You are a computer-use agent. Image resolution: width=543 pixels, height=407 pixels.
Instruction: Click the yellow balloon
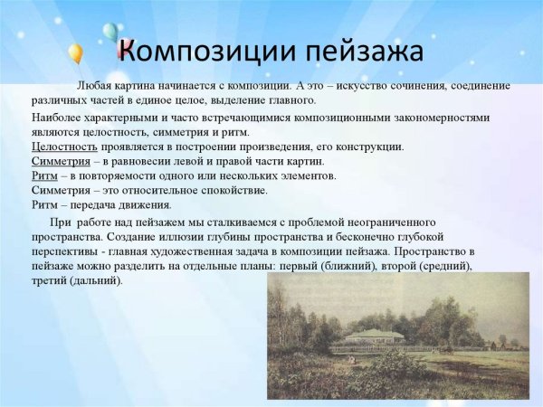click(75, 54)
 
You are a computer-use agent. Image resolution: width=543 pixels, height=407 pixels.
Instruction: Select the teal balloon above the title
click(110, 33)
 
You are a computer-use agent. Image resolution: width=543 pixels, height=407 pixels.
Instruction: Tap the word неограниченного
click(387, 222)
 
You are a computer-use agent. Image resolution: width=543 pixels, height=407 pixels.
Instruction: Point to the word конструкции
click(367, 147)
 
